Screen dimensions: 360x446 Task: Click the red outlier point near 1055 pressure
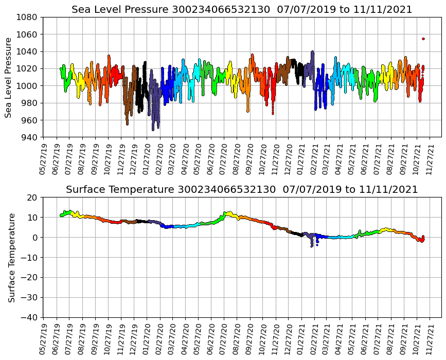(x=423, y=39)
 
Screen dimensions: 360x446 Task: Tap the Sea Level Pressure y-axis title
(x=9, y=77)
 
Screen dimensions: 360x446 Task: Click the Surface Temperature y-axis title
(x=11, y=257)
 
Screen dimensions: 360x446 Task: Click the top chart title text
(x=242, y=10)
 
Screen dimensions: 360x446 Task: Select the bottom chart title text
(x=242, y=190)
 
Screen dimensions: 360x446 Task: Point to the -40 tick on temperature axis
(x=28, y=317)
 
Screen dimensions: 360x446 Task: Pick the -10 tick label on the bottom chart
(x=28, y=257)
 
